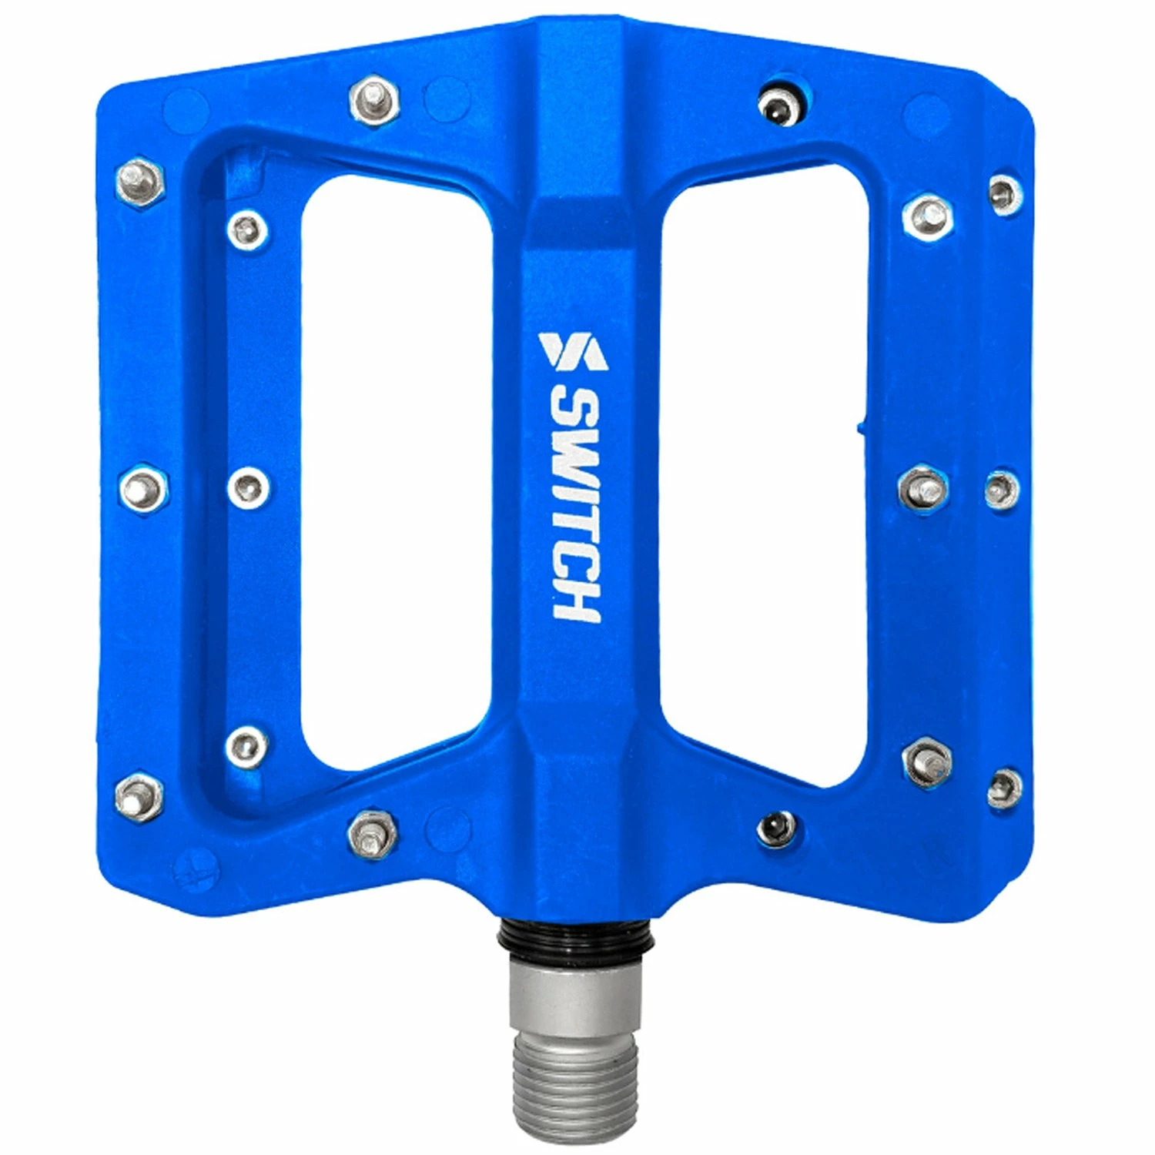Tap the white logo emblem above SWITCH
click(574, 350)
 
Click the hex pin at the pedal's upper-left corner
click(140, 180)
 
